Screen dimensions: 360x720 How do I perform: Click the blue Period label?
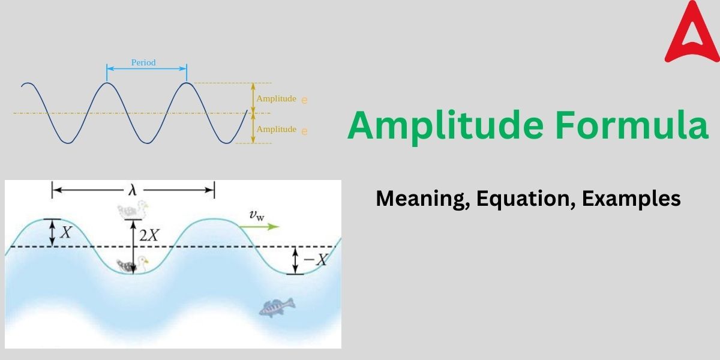click(143, 62)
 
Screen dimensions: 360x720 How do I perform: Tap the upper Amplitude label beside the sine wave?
click(276, 98)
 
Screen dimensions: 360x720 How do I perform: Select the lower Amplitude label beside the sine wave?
click(276, 129)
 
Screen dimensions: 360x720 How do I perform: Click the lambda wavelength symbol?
click(132, 190)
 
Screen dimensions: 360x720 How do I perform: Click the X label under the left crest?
click(66, 232)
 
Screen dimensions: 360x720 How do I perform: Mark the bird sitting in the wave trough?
click(132, 265)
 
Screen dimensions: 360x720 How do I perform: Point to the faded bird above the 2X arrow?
click(132, 210)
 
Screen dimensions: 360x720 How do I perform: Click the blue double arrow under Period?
click(146, 71)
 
